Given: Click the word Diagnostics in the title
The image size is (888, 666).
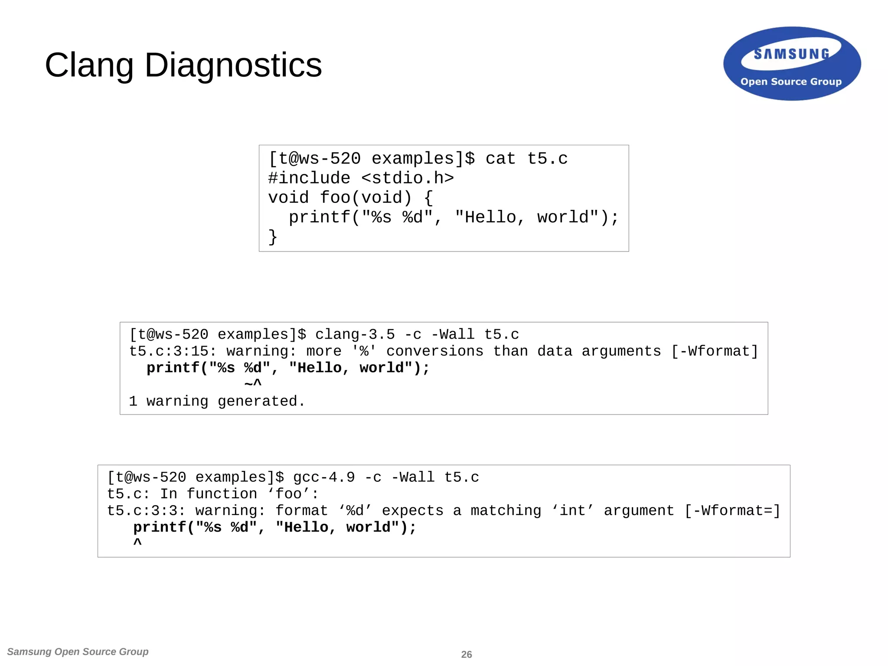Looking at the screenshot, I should (233, 65).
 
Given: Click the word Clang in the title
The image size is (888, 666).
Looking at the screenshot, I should (89, 65).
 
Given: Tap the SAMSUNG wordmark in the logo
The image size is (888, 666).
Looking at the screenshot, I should (791, 54).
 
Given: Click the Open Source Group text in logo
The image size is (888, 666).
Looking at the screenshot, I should (791, 82).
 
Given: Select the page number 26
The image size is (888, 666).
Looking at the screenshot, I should (467, 654).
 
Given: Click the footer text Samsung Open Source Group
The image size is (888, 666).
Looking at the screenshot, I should (78, 652).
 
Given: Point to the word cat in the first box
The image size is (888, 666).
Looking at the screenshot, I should (500, 159).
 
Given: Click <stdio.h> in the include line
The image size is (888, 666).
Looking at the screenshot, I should (408, 178).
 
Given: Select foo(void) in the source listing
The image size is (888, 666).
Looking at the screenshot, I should (366, 198).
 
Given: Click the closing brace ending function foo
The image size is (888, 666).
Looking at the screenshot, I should (273, 237).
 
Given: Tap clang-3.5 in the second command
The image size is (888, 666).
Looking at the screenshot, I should (355, 334).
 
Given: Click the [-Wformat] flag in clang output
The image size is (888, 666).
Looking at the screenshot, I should (715, 351).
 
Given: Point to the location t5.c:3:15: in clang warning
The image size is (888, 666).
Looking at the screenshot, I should (173, 351).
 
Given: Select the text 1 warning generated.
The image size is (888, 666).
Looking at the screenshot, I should (217, 401).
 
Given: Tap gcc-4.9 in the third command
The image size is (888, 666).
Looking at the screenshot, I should (324, 477).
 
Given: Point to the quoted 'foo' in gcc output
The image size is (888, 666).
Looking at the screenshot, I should (288, 493).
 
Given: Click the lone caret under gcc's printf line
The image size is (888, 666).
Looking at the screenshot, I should (137, 542).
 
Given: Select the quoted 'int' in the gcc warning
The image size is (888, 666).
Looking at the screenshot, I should (572, 510).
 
